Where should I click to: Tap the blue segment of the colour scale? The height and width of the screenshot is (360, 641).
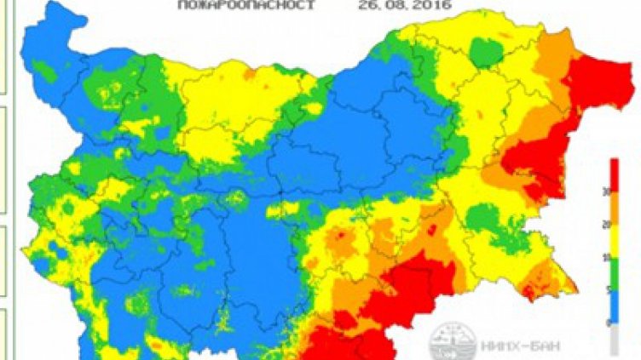tap(615, 306)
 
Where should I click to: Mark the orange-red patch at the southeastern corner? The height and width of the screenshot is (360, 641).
tap(540, 282)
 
